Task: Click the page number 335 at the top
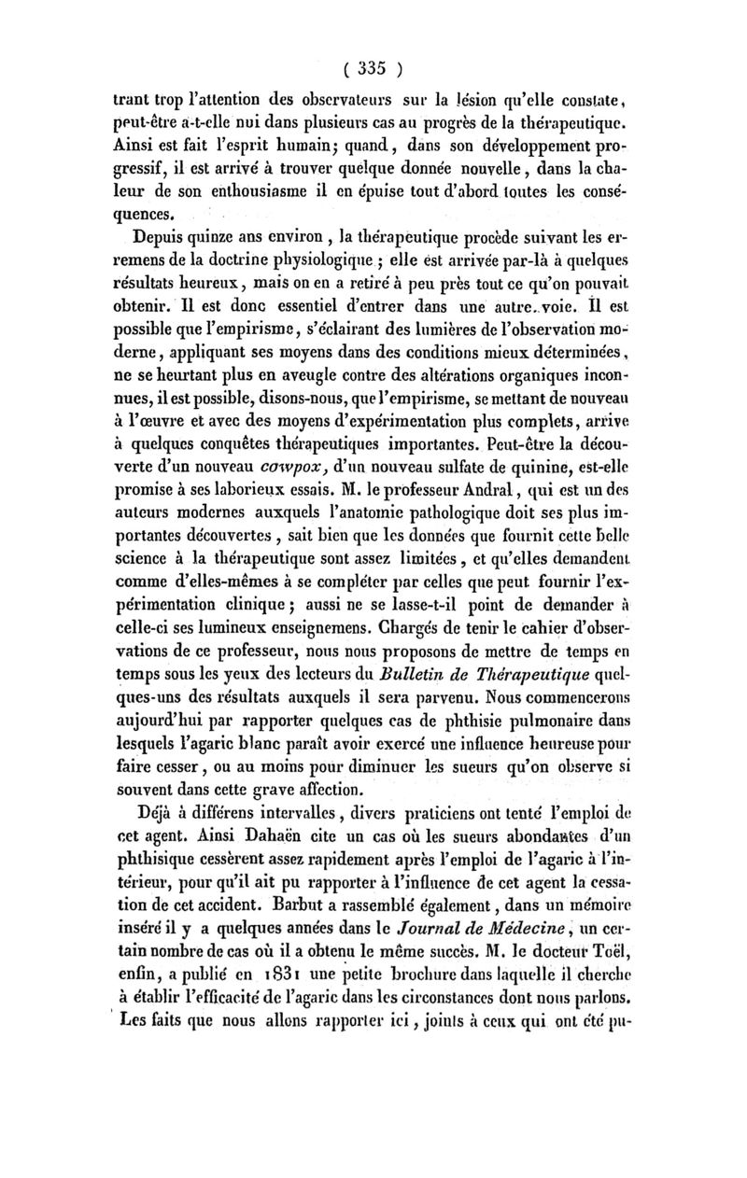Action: pos(372,67)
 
